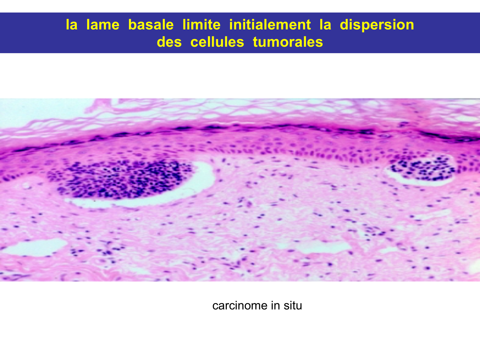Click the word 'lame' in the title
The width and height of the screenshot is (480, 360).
[103, 25]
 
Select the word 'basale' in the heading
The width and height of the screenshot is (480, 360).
[151, 25]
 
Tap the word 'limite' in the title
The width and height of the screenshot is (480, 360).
[201, 25]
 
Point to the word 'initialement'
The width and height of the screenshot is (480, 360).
[270, 25]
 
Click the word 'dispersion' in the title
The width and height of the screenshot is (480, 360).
[377, 25]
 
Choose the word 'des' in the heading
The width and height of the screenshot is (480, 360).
[169, 42]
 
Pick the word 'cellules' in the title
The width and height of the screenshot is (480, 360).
[217, 42]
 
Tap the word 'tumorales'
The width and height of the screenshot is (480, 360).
[288, 42]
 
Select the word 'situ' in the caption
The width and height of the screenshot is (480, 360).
[293, 305]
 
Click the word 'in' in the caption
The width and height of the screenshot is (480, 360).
[275, 305]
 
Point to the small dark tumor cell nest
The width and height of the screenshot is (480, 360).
[423, 168]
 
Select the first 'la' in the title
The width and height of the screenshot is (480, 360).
[72, 25]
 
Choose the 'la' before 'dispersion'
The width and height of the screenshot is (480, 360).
[325, 25]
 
